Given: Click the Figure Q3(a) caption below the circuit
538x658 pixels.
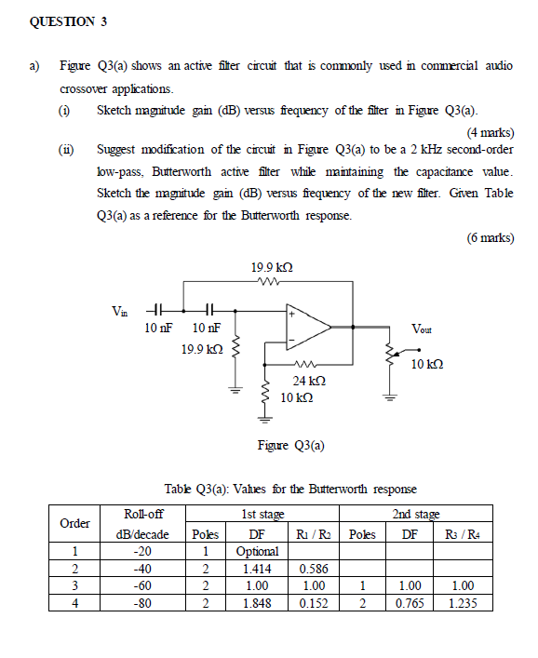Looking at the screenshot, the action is click(290, 445).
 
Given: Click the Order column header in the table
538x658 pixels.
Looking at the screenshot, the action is click(74, 523).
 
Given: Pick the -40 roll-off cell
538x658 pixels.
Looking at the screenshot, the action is click(143, 568).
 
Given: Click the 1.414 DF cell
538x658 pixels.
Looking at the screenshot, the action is click(252, 568).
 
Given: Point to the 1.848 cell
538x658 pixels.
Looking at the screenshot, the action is click(252, 602).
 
